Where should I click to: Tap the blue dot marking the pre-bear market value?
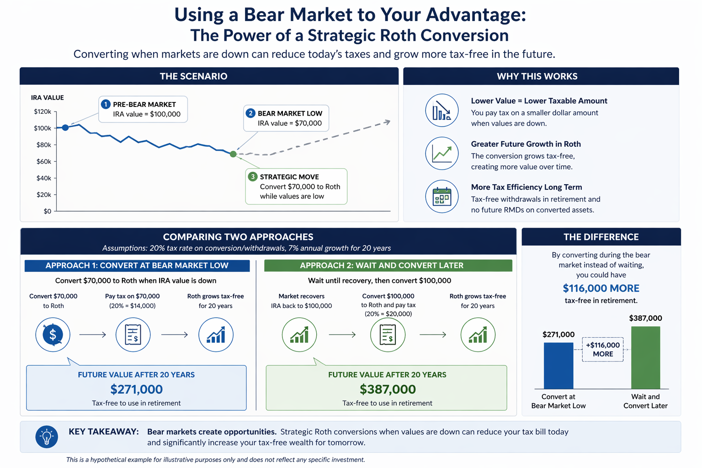click(65, 128)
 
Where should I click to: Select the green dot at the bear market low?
click(233, 154)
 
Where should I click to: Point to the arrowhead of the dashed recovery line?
click(388, 122)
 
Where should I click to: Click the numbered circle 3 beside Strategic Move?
click(253, 177)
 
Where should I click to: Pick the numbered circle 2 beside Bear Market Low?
click(250, 113)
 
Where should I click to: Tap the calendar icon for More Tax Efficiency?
click(442, 197)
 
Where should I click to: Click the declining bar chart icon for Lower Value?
click(442, 110)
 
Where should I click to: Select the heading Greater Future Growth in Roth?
click(526, 144)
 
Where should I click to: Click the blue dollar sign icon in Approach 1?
click(53, 335)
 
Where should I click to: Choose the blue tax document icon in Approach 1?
click(133, 335)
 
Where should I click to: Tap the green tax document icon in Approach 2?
click(388, 335)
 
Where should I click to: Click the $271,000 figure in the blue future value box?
click(136, 389)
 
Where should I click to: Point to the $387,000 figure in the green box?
click(388, 389)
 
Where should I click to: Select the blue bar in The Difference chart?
click(558, 366)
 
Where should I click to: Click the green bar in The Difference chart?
click(646, 358)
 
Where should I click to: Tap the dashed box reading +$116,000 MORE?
click(603, 350)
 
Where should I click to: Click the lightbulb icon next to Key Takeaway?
click(47, 436)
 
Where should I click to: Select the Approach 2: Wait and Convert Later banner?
click(388, 266)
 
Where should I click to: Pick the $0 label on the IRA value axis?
click(48, 212)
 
